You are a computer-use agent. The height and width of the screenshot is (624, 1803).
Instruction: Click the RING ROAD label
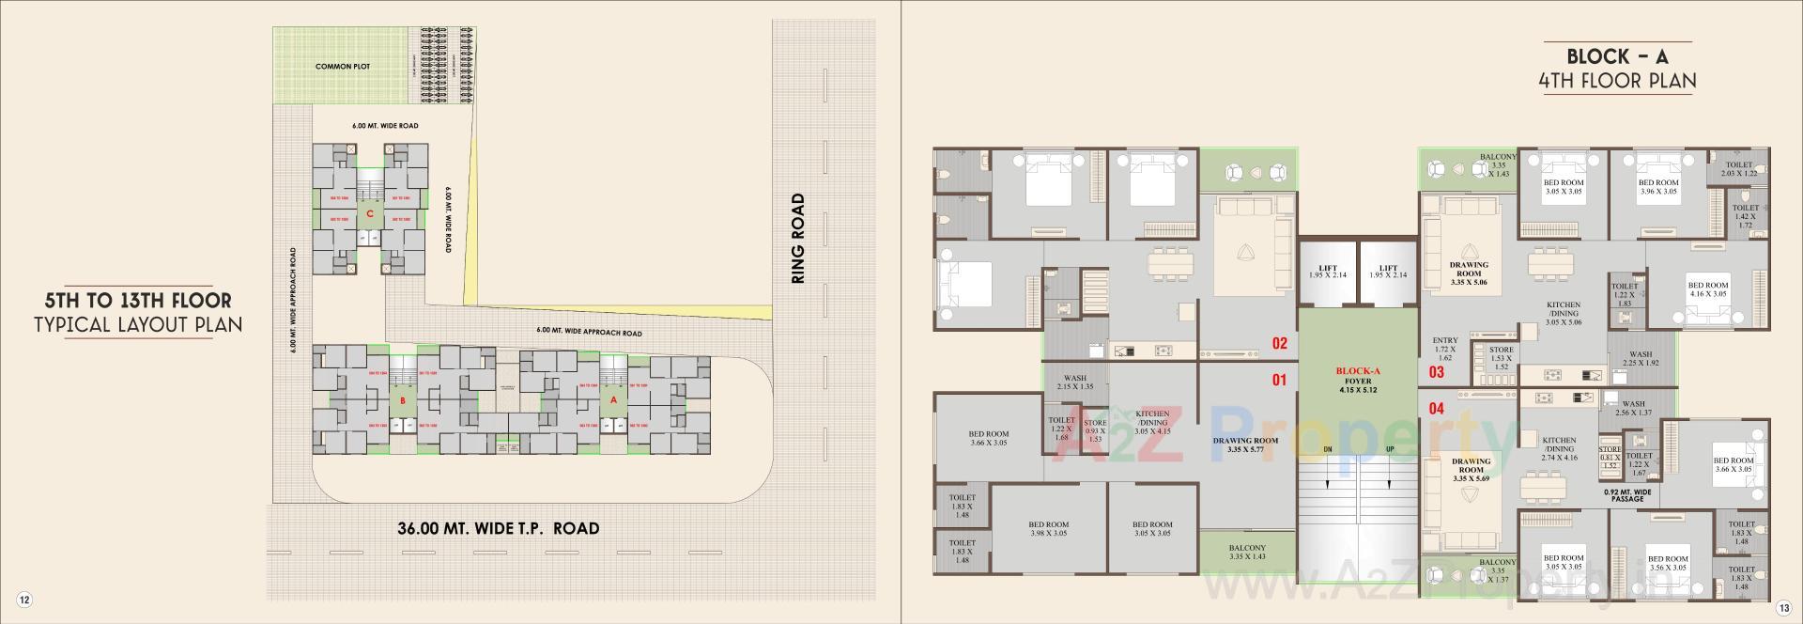pos(798,239)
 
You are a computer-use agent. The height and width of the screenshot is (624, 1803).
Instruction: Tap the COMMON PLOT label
pos(343,67)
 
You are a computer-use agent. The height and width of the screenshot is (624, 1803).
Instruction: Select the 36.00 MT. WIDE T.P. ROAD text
pos(498,528)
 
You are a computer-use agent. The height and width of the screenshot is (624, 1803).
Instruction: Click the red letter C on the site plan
pos(370,214)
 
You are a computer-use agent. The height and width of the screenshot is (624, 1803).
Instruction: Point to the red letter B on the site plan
pos(402,401)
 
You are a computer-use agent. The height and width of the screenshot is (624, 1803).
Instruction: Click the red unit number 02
pos(1279,344)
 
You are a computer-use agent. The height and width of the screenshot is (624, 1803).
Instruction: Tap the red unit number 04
pos(1436,409)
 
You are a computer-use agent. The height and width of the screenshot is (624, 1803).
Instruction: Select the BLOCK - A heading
pos(1617,57)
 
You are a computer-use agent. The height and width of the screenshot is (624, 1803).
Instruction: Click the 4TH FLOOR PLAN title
pos(1617,82)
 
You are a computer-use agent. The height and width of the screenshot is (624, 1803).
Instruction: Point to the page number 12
pos(24,601)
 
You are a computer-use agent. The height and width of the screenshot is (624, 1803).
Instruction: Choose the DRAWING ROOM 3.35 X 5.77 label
pos(1245,445)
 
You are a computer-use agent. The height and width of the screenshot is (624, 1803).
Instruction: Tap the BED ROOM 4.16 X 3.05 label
pos(1706,289)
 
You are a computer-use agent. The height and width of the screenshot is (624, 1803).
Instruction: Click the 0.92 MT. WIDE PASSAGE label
pos(1627,494)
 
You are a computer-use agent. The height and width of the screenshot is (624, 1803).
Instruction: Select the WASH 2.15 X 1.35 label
pos(1074,382)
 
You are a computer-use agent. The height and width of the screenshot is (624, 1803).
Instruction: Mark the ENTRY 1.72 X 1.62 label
pos(1444,349)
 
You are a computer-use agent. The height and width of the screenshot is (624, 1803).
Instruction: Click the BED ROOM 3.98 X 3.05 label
pos(1048,529)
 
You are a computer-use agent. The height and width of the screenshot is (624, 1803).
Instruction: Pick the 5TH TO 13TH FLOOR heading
pos(138,302)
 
